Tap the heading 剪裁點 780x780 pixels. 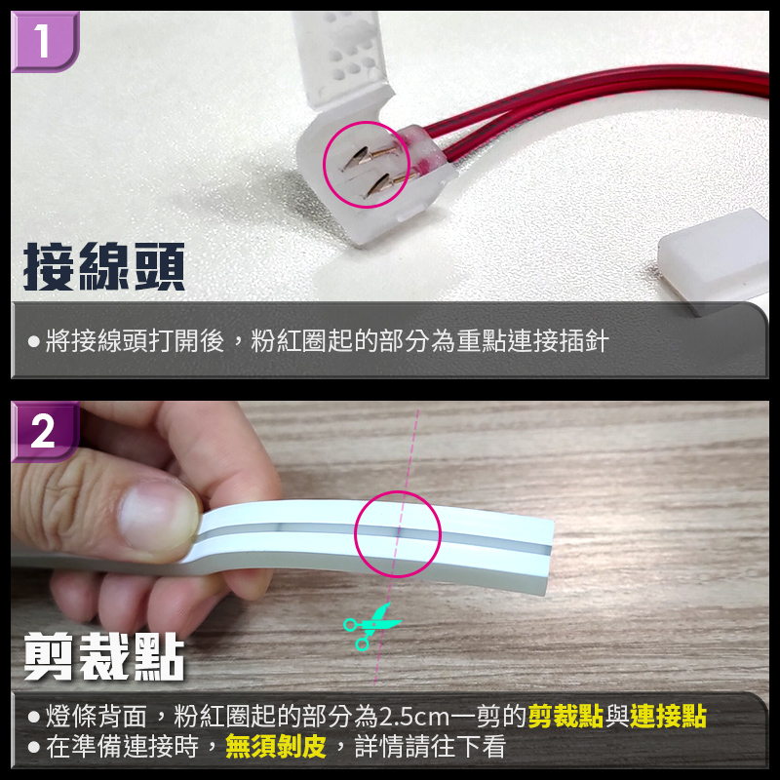(104, 656)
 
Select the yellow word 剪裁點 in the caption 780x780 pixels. (565, 717)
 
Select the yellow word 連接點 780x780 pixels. (668, 717)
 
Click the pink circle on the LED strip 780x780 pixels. (398, 534)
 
